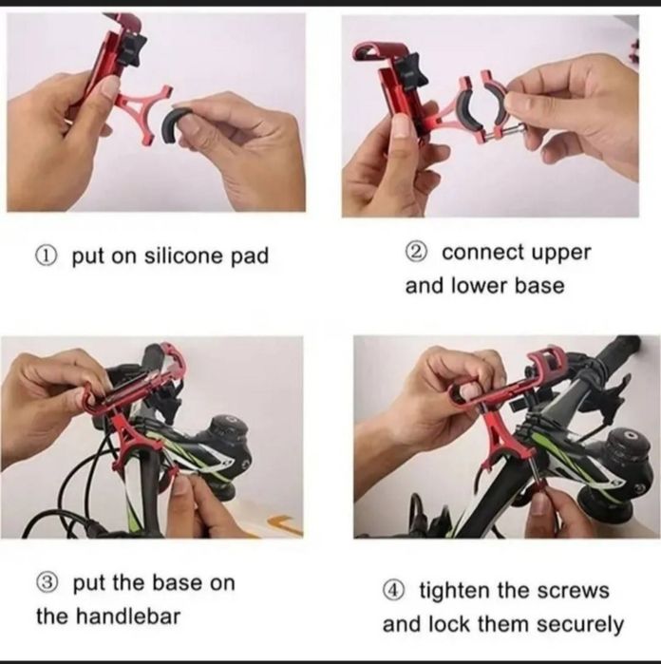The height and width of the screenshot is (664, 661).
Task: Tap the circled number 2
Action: pyautogui.click(x=415, y=253)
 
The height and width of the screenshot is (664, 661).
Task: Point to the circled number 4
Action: pyautogui.click(x=392, y=591)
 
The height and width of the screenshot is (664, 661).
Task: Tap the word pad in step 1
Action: pyautogui.click(x=250, y=256)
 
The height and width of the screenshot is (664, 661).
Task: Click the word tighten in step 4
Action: pyautogui.click(x=454, y=591)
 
